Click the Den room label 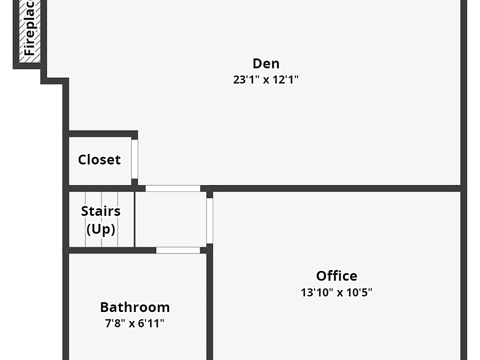tap(265, 63)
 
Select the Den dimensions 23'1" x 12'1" tap(265, 79)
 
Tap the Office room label tap(336, 276)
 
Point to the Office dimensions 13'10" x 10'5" tap(336, 292)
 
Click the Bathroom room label tap(134, 307)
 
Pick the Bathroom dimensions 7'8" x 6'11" tap(134, 323)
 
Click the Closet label tap(99, 160)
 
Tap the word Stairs tap(100, 211)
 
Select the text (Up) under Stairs tap(100, 229)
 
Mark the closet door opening tap(134, 159)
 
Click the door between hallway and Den tap(172, 188)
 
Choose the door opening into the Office tap(209, 220)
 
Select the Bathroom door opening tap(178, 250)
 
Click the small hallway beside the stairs tap(170, 219)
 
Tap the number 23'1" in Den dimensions tap(245, 79)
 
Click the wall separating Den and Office tap(335, 188)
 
